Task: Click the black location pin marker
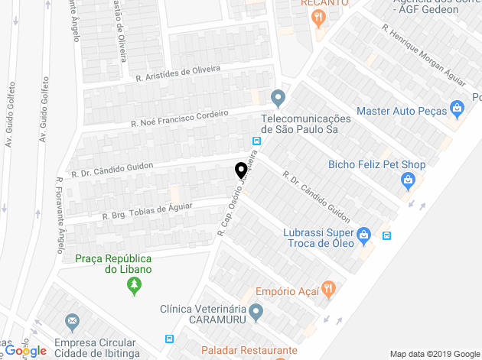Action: [x=240, y=171]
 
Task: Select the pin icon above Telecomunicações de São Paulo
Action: [x=278, y=99]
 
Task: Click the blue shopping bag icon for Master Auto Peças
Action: [x=458, y=110]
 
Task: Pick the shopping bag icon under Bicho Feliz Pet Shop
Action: [x=408, y=181]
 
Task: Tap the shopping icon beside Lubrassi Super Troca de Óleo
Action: [x=365, y=234]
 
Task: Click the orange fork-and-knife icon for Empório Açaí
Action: [x=328, y=290]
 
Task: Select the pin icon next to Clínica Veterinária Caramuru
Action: [x=256, y=312]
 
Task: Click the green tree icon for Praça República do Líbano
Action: [x=134, y=287]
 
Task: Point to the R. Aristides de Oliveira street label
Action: [x=177, y=73]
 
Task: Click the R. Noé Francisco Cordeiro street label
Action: [x=180, y=118]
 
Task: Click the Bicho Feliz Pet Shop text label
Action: [x=376, y=164]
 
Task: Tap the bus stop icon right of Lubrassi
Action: [x=387, y=235]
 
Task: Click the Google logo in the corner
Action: [x=25, y=351]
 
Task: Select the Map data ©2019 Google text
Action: [x=432, y=354]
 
